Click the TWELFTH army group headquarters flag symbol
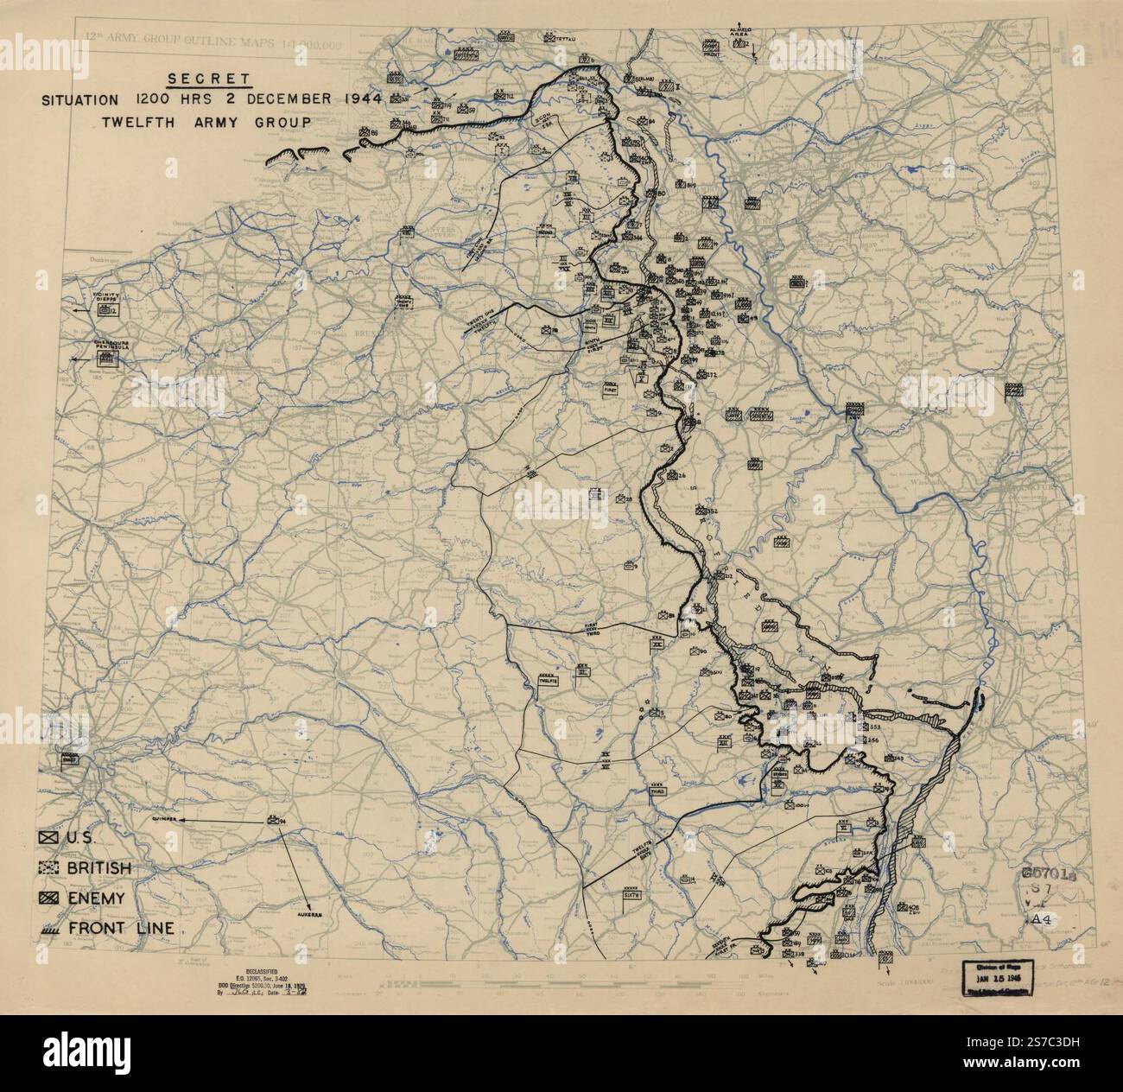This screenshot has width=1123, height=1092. (548, 681)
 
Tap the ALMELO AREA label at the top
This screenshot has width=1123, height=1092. (745, 30)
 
